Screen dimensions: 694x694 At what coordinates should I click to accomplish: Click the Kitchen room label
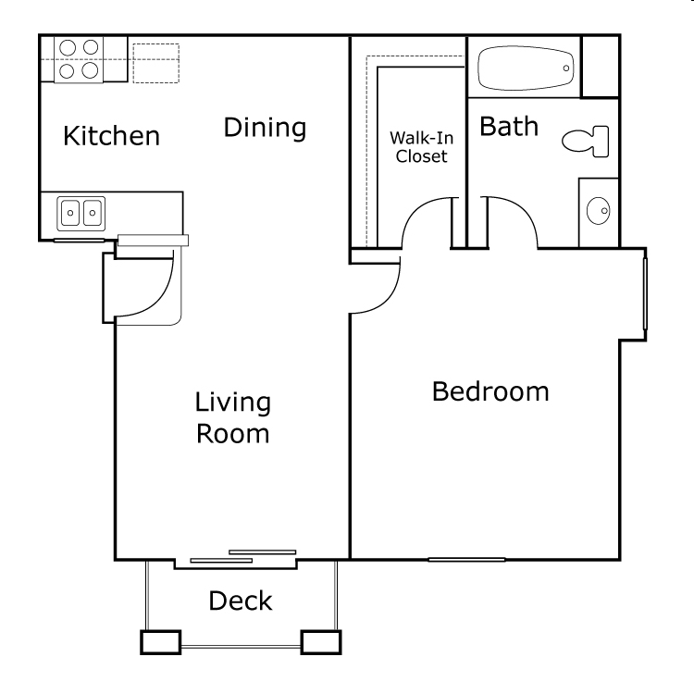click(x=111, y=136)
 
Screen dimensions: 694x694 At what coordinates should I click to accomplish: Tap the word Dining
click(x=265, y=128)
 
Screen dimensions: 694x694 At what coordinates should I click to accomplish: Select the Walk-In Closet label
click(x=421, y=146)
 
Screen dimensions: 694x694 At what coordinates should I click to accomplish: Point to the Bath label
click(x=508, y=127)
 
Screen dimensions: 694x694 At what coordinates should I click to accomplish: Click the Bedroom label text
click(x=490, y=391)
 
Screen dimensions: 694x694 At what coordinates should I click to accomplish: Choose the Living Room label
click(x=232, y=417)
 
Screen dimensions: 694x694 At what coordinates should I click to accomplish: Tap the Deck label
click(x=240, y=601)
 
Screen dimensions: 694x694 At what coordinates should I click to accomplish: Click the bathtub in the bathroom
click(x=525, y=67)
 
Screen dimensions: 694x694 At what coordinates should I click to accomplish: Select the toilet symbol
click(x=586, y=141)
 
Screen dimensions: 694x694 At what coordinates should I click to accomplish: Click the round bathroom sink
click(x=599, y=212)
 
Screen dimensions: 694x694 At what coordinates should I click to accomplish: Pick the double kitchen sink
click(x=81, y=214)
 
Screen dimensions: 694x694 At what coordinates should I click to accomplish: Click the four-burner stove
click(x=79, y=58)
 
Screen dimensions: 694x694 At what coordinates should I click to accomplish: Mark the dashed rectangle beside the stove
click(x=155, y=62)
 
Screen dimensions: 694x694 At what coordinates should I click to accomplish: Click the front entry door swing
click(x=148, y=286)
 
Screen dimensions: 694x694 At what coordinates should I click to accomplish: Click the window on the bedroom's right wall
click(x=644, y=293)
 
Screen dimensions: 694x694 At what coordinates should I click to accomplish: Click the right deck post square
click(x=321, y=641)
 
